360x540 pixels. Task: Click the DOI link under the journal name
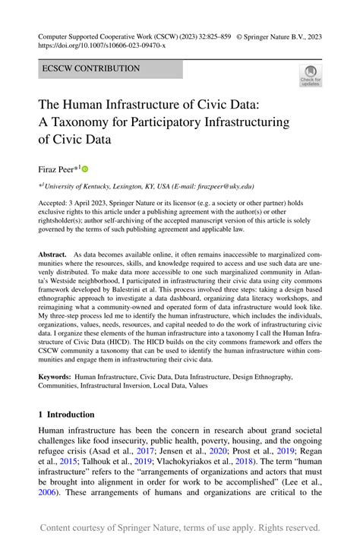100,46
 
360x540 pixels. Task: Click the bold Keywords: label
54,376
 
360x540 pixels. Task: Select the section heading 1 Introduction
67,415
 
